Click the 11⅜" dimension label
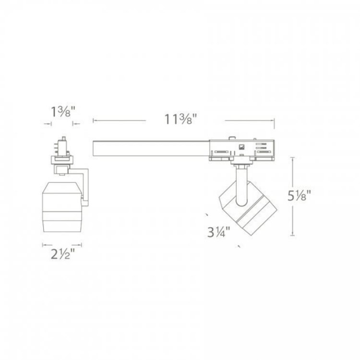[181, 119]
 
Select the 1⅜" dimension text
[63, 112]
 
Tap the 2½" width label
[63, 254]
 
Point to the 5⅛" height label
[299, 196]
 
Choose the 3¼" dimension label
[218, 232]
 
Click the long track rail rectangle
[151, 148]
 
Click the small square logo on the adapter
[241, 146]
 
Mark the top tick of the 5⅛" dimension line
[292, 157]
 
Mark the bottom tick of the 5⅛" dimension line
[292, 235]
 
